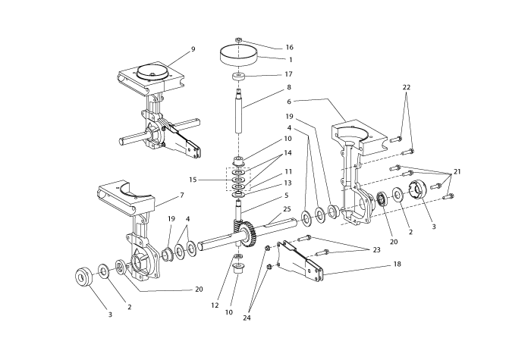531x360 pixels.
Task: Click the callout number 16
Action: tap(268, 46)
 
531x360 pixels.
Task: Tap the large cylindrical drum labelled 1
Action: tap(239, 55)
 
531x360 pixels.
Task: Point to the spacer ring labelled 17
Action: tap(239, 77)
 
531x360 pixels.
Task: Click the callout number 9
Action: tap(193, 49)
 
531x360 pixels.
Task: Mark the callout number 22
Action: tap(407, 88)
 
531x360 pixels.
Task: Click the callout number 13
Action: tap(266, 183)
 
